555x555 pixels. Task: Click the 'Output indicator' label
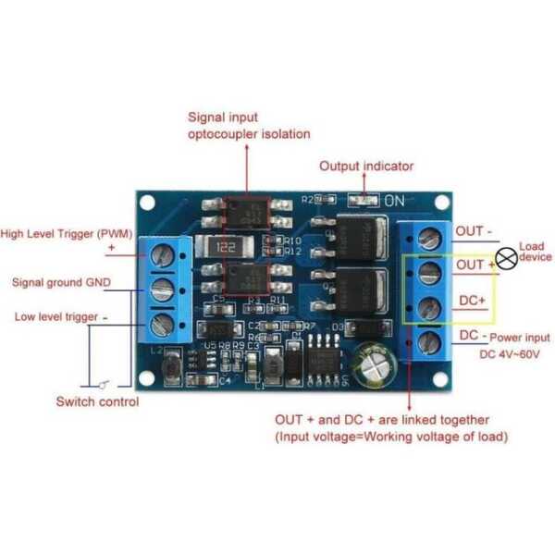pyautogui.click(x=366, y=166)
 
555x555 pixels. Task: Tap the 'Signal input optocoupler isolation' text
pyautogui.click(x=249, y=126)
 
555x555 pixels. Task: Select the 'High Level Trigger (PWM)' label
pyautogui.click(x=61, y=234)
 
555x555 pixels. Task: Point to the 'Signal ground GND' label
pyautogui.click(x=60, y=281)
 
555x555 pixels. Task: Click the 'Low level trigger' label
pyautogui.click(x=55, y=317)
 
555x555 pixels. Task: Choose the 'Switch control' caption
pyautogui.click(x=97, y=401)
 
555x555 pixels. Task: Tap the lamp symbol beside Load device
pyautogui.click(x=506, y=260)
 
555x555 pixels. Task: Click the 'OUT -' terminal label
pyautogui.click(x=476, y=231)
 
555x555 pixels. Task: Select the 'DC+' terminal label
pyautogui.click(x=472, y=301)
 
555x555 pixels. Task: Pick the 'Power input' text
pyautogui.click(x=519, y=338)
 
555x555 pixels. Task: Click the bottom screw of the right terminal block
pyautogui.click(x=428, y=342)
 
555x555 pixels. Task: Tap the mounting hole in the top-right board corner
pyautogui.click(x=442, y=203)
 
